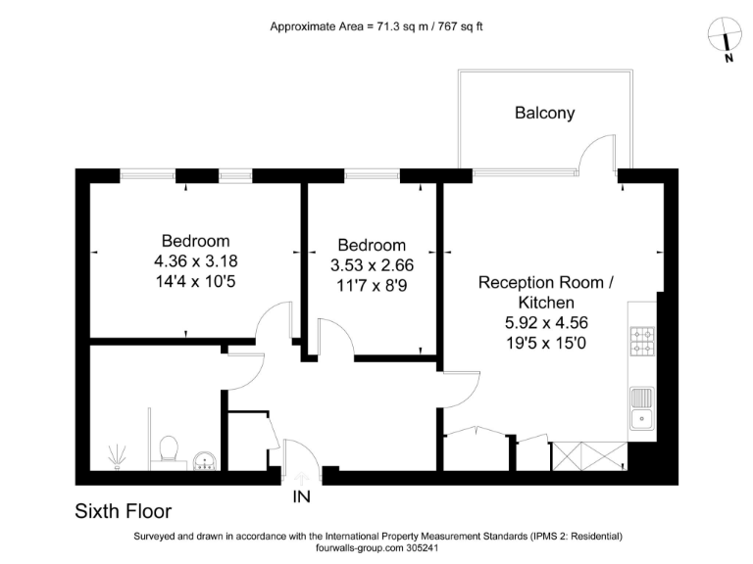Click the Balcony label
click(x=545, y=113)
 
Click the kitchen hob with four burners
click(x=643, y=340)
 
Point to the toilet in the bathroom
click(x=169, y=448)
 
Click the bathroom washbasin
click(x=207, y=460)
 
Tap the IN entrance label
click(x=301, y=496)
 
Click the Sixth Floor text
click(x=124, y=511)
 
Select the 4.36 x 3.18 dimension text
click(x=196, y=261)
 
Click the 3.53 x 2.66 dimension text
click(x=372, y=265)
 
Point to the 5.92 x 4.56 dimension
click(x=546, y=323)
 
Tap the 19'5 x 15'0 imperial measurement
click(x=546, y=343)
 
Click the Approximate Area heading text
click(x=376, y=26)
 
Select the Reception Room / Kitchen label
click(x=546, y=293)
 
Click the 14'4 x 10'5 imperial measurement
click(x=196, y=282)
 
